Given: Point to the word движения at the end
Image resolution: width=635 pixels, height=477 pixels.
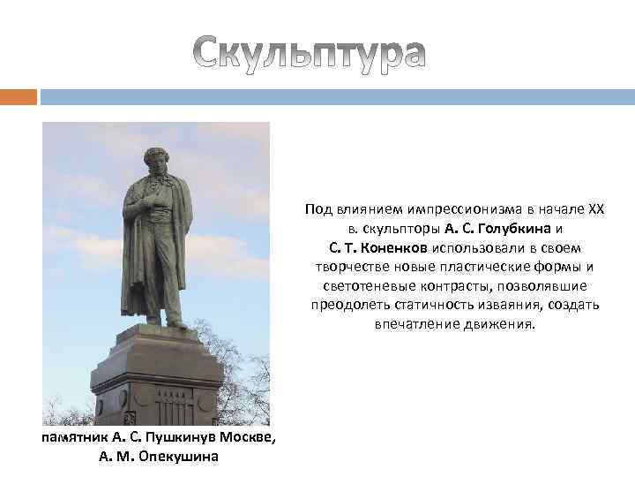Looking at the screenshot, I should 502,324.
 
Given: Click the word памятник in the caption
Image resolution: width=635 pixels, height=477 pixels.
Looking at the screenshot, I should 76,438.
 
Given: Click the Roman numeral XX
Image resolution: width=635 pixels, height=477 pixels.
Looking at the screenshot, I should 597,209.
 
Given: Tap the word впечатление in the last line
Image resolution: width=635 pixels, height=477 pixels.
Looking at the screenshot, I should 414,324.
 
